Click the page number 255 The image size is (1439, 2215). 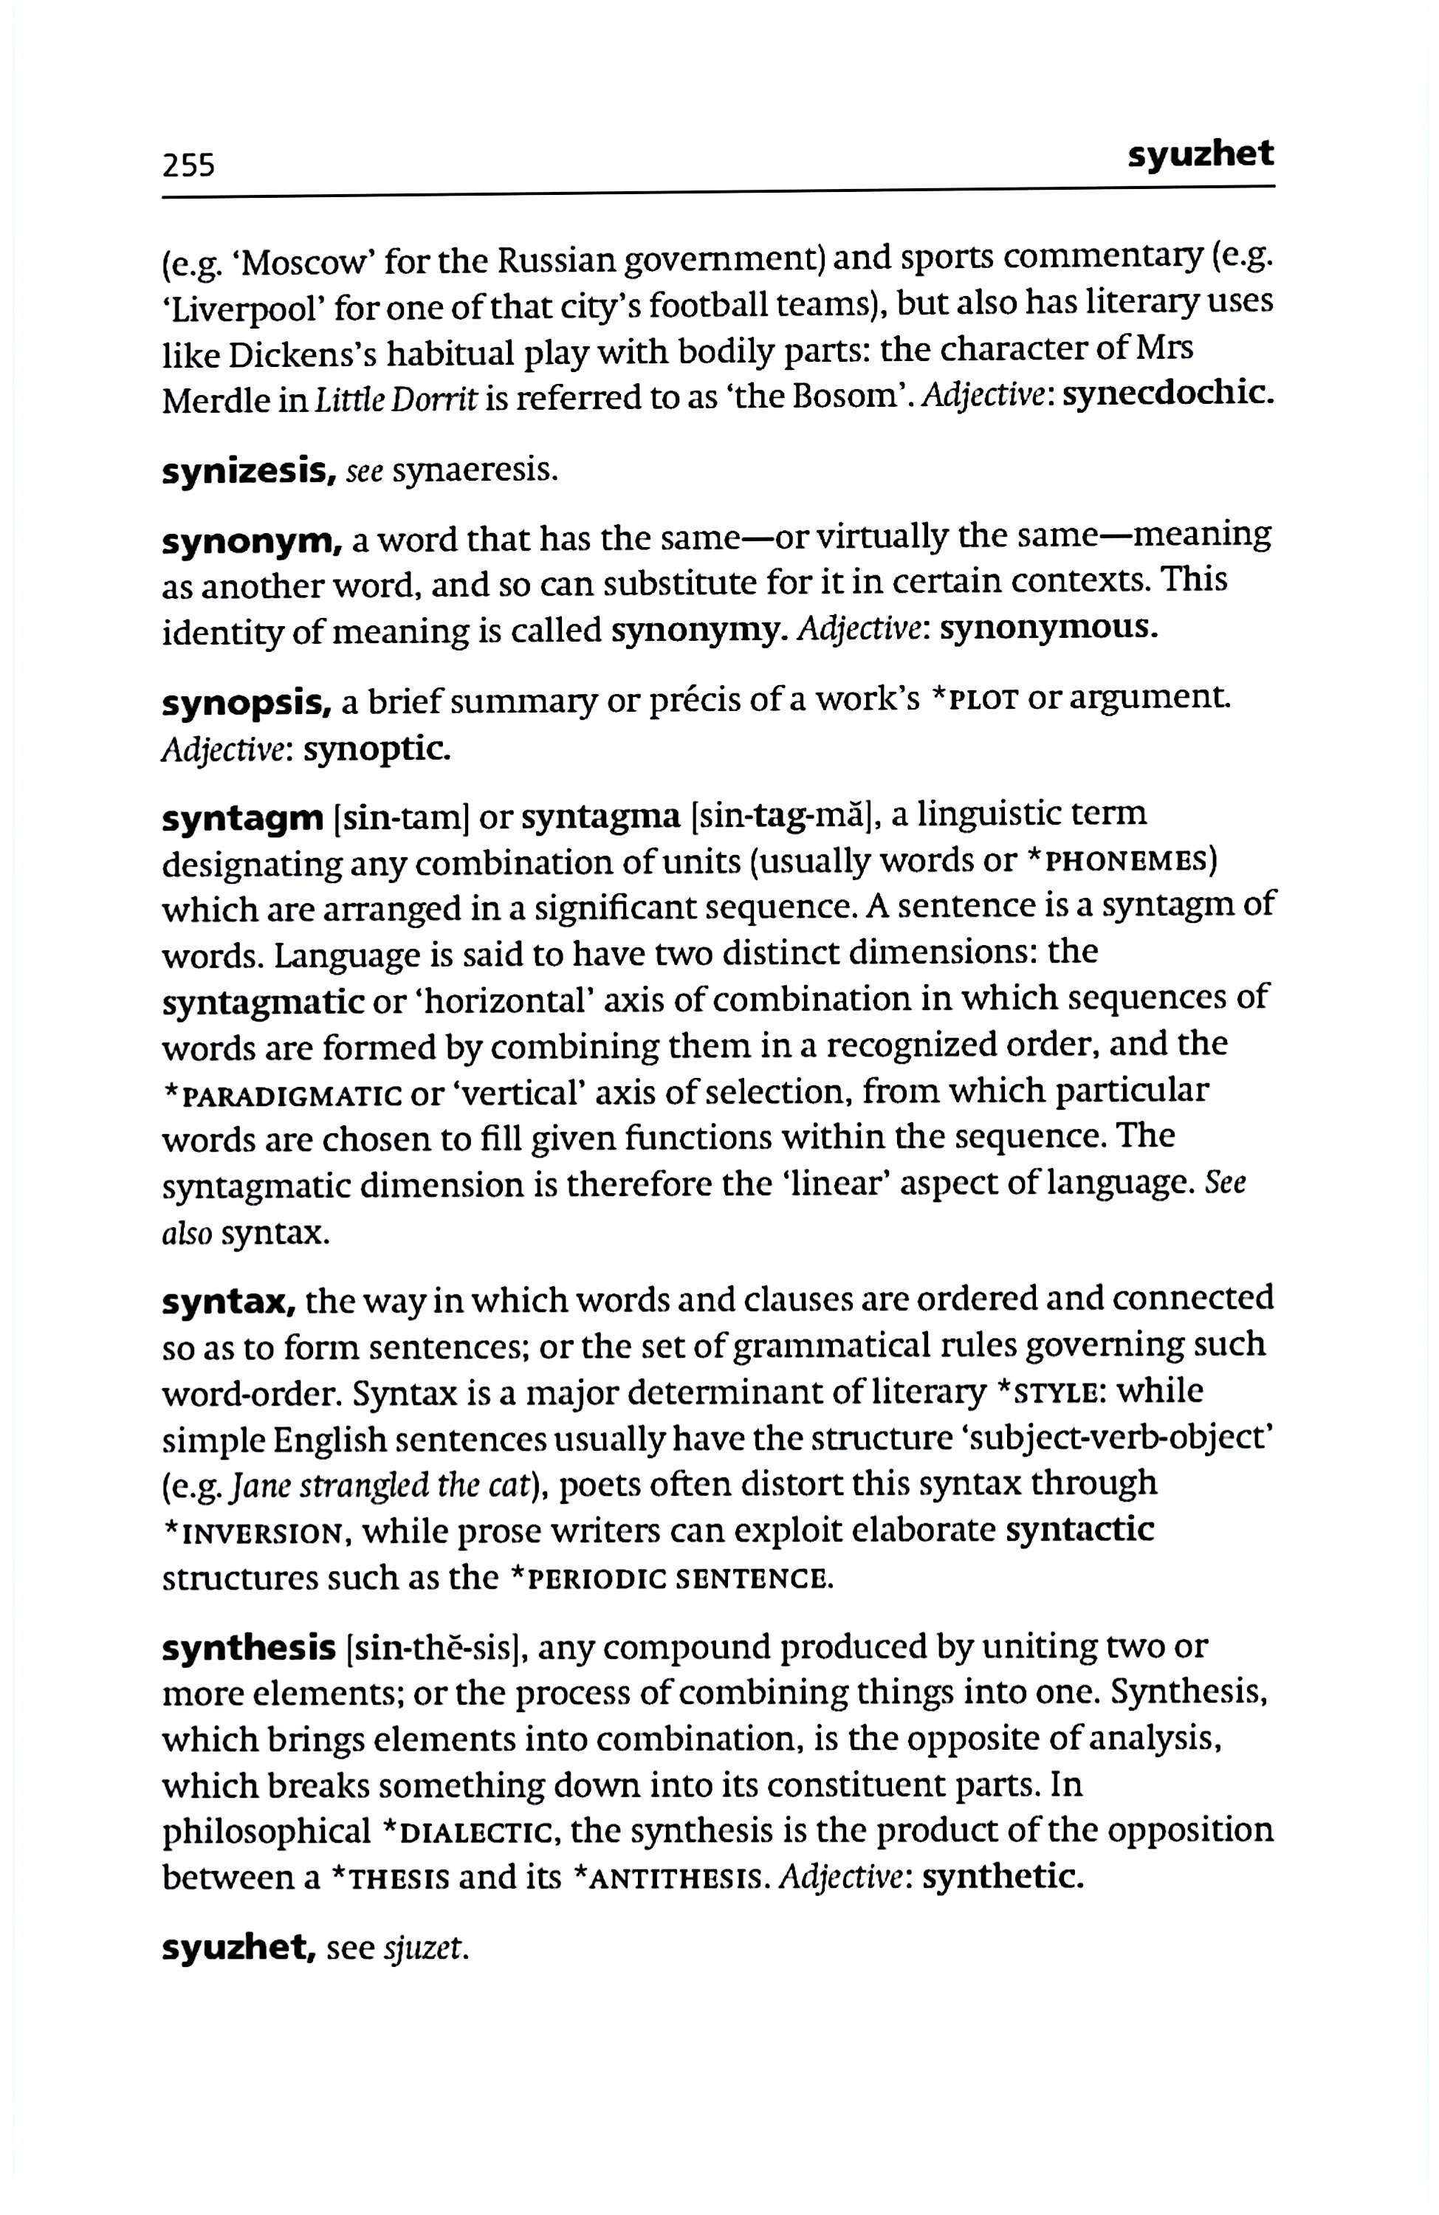188,165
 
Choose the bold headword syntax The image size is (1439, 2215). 228,1301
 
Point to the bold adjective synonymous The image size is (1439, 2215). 1049,630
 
